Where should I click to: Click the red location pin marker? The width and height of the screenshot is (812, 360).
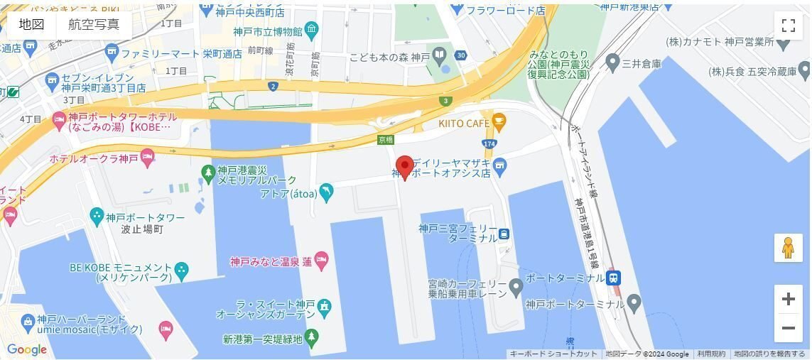(404, 166)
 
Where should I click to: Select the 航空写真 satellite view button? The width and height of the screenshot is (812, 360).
(94, 24)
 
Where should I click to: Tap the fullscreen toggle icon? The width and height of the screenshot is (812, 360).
(788, 26)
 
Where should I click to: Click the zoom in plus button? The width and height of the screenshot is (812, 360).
(788, 299)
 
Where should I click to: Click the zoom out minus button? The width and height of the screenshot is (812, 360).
(788, 328)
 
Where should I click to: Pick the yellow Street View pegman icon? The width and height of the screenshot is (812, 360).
(788, 248)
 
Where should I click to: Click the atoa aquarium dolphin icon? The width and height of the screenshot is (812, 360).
(326, 191)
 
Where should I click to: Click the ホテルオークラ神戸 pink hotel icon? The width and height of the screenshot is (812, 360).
(148, 156)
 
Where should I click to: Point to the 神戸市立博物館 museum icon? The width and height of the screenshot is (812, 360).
(312, 31)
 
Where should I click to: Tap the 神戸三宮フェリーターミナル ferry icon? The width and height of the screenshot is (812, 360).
(504, 234)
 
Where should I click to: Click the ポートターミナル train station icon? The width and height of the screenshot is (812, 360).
(614, 278)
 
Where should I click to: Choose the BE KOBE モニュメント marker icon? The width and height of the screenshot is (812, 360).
(182, 270)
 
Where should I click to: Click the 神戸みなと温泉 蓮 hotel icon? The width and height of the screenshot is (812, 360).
(321, 261)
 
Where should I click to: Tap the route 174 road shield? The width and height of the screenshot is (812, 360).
(489, 144)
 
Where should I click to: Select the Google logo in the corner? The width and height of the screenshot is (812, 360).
(27, 349)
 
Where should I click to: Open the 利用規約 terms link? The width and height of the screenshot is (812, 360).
(710, 354)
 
